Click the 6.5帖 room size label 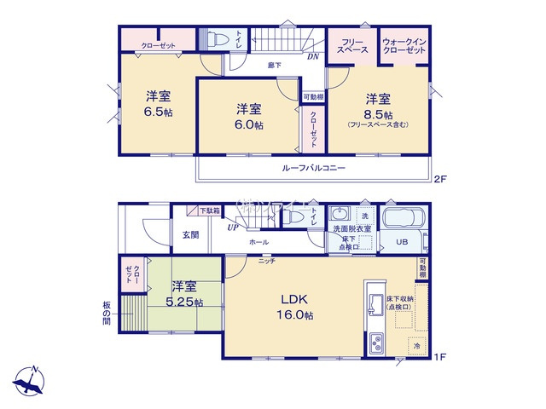tap(158, 112)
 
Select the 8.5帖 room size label tap(378, 114)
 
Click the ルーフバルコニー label tap(314, 169)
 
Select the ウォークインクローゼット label tap(404, 47)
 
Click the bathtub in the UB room tap(404, 217)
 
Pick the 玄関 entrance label tap(189, 236)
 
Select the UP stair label tap(232, 228)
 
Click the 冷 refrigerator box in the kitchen tap(416, 346)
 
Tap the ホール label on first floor tap(258, 242)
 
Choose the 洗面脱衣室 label tap(351, 229)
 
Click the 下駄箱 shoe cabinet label tap(210, 210)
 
